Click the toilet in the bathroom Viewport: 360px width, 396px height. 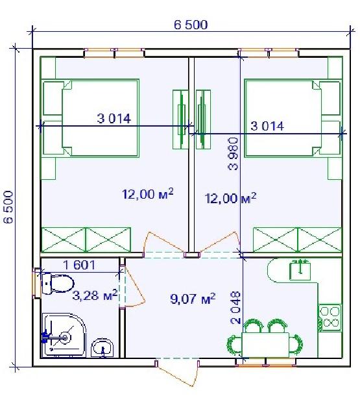pyautogui.click(x=58, y=284)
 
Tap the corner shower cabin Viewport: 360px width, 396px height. pyautogui.click(x=64, y=335)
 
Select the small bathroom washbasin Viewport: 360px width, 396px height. pyautogui.click(x=102, y=348)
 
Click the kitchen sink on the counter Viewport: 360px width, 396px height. pyautogui.click(x=300, y=271)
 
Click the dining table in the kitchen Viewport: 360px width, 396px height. pyautogui.click(x=265, y=345)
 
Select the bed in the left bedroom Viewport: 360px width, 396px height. pyautogui.click(x=91, y=118)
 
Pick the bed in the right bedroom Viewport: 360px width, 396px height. pyautogui.click(x=293, y=118)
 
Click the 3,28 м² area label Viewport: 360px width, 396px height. pyautogui.click(x=95, y=295)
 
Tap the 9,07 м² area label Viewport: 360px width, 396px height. pyautogui.click(x=193, y=299)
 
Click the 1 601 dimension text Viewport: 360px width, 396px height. pyautogui.click(x=79, y=265)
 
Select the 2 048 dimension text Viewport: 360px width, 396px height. pyautogui.click(x=235, y=308)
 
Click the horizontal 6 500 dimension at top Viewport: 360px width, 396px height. pyautogui.click(x=191, y=25)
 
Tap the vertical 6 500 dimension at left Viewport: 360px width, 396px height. pyautogui.click(x=8, y=207)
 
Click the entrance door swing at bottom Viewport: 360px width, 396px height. pyautogui.click(x=176, y=373)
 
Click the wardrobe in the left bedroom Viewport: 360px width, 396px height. pyautogui.click(x=86, y=240)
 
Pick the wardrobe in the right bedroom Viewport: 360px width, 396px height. pyautogui.click(x=297, y=240)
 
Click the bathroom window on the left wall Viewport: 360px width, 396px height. pyautogui.click(x=36, y=284)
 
